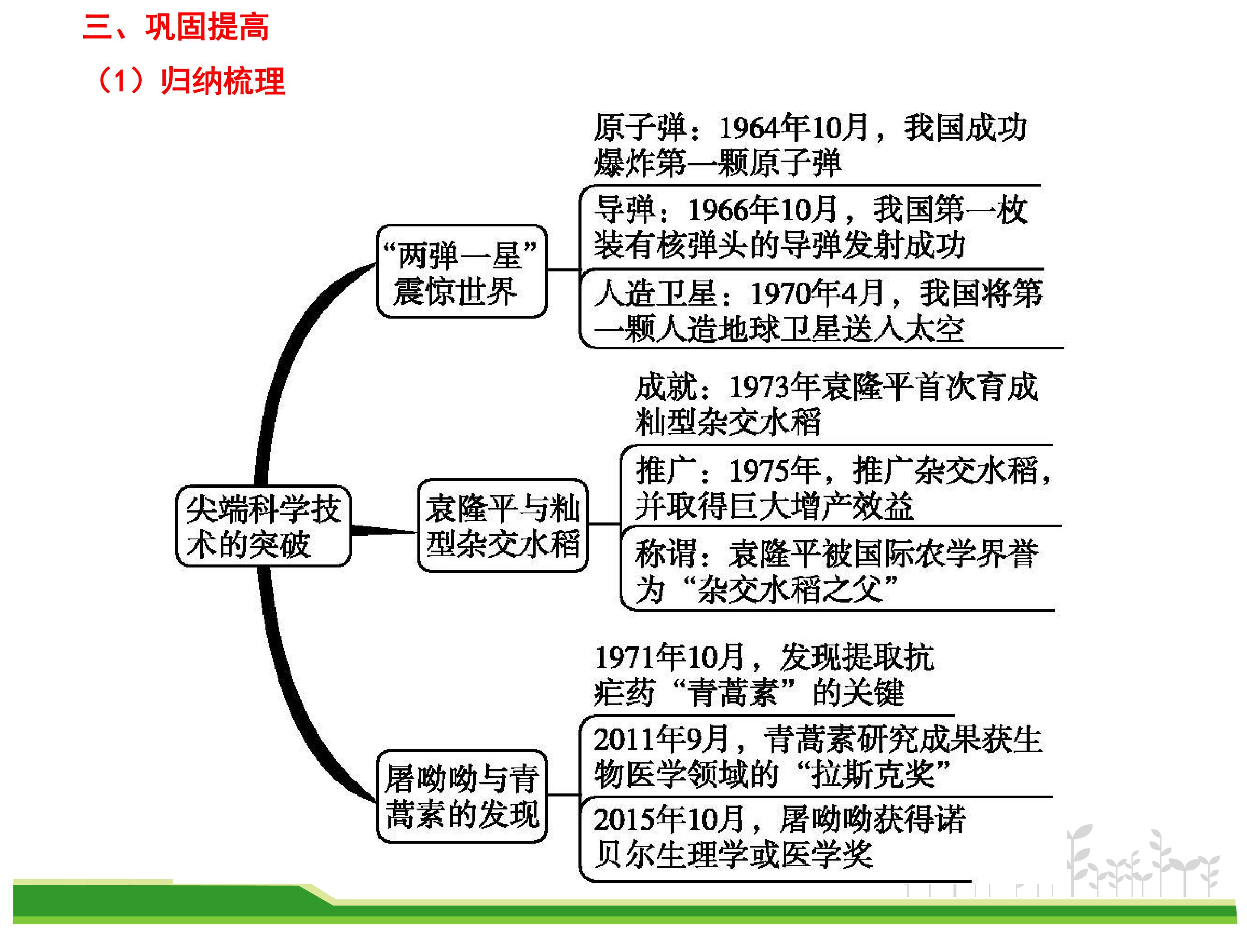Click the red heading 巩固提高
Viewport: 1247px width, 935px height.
207,26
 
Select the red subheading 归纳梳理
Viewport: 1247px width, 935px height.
223,81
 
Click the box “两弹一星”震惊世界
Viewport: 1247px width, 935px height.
462,271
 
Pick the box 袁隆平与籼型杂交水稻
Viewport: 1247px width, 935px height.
503,525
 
